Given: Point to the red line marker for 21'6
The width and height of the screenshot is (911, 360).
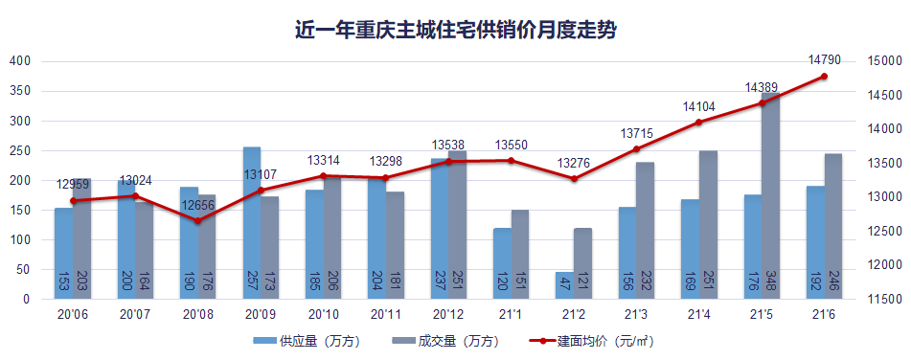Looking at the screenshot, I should (824, 77).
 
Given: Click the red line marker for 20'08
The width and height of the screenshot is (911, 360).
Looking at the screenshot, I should (197, 221).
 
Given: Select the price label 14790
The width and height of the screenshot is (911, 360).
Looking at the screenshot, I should (824, 59).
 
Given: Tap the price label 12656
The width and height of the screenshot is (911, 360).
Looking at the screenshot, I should (197, 204).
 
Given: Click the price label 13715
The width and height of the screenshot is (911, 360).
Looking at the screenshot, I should (636, 132).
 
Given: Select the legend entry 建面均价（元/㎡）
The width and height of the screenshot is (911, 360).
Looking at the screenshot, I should (593, 340).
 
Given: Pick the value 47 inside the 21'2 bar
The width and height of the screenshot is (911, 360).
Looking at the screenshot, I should (565, 284).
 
